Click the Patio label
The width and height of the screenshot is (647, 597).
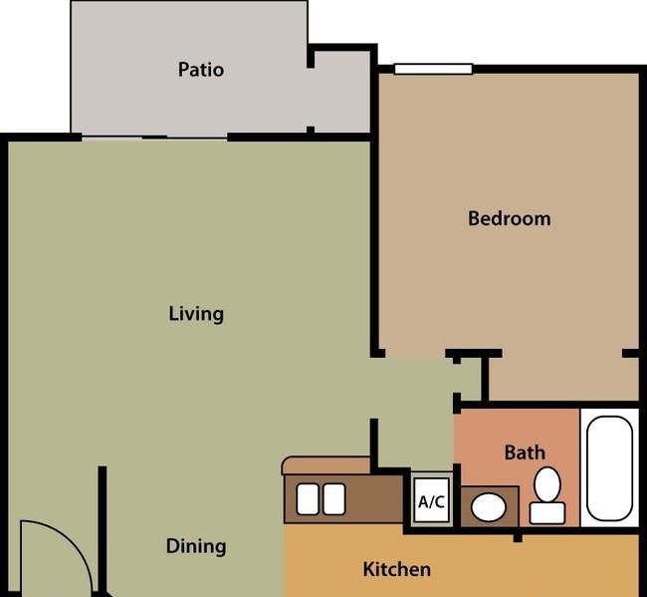click(x=201, y=70)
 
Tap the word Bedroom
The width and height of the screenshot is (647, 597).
click(x=510, y=218)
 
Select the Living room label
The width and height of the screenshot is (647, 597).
click(x=196, y=314)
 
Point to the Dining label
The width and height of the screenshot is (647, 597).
click(x=196, y=546)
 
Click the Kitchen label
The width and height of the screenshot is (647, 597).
click(x=397, y=569)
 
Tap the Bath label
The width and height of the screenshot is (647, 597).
click(x=525, y=452)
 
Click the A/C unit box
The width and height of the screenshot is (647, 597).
click(x=431, y=500)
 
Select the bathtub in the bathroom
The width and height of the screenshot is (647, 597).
click(x=609, y=468)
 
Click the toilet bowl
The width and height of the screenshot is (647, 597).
click(x=547, y=484)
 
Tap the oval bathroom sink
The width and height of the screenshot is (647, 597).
click(x=489, y=507)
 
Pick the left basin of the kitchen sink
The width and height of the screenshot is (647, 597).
click(x=308, y=499)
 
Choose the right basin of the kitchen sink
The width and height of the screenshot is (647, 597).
click(x=334, y=499)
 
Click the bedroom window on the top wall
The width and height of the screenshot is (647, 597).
click(x=433, y=69)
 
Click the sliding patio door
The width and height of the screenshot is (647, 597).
click(x=154, y=138)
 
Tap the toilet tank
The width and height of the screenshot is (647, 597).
click(x=547, y=513)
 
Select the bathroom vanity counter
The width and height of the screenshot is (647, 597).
click(x=490, y=507)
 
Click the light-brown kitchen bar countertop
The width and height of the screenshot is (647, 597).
click(x=325, y=465)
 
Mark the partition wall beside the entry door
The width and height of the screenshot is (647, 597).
click(x=103, y=531)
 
